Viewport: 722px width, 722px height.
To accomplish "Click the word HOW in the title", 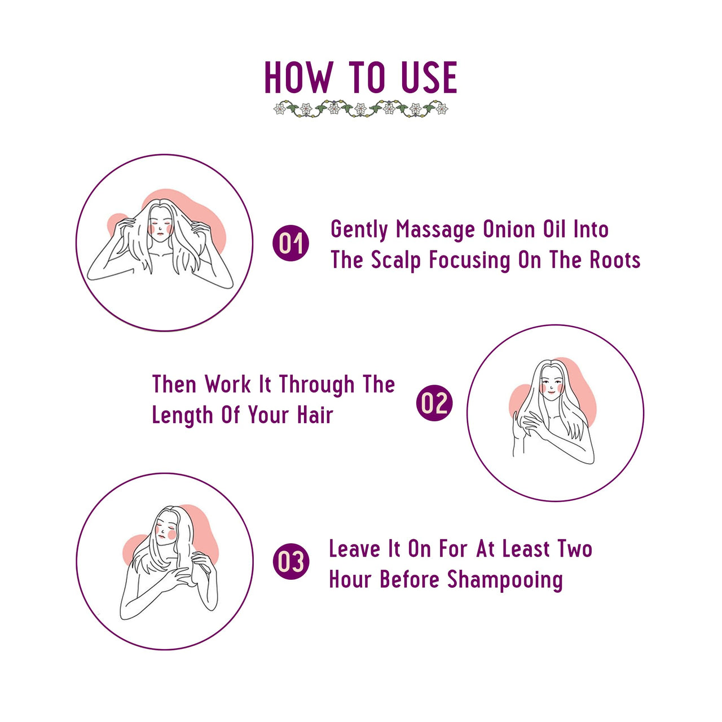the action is (x=298, y=77).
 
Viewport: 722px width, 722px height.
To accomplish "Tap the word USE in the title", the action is (x=429, y=77).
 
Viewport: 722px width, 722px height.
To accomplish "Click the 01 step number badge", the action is (x=290, y=243).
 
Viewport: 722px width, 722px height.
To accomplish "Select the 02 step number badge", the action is (x=434, y=403).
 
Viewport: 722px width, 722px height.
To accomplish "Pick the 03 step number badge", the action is (x=291, y=561).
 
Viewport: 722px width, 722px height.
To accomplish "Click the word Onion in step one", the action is (x=509, y=229).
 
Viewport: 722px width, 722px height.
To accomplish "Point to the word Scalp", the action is (x=396, y=261).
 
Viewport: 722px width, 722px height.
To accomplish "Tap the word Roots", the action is (x=615, y=259).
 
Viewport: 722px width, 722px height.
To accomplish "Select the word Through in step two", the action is (x=316, y=386).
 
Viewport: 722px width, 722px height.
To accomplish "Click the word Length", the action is (x=182, y=416).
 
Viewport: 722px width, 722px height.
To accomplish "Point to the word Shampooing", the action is (x=505, y=580).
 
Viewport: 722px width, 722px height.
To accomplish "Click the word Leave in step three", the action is (x=354, y=549).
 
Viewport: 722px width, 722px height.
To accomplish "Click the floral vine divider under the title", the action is (x=361, y=109).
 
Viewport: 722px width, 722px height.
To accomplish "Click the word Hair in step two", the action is (x=315, y=415).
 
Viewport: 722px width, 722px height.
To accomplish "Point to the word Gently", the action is (x=359, y=230).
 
